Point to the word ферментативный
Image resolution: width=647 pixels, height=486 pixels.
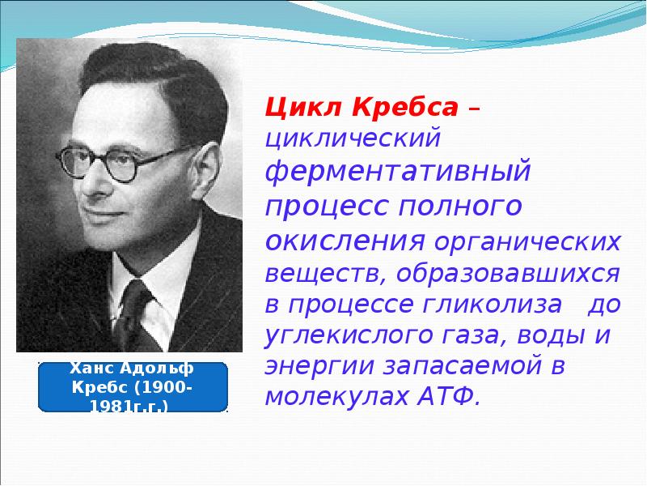399,173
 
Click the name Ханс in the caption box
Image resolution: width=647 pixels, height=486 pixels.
94,369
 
